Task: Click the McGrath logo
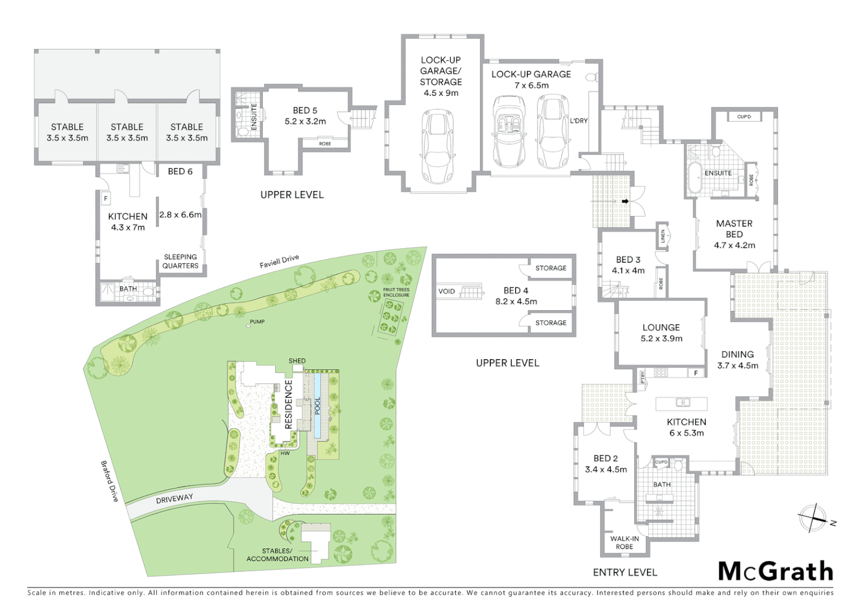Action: click(x=776, y=571)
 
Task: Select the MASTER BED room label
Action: click(x=734, y=228)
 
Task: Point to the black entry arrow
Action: click(x=625, y=201)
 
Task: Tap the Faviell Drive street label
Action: click(x=279, y=261)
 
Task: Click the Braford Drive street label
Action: click(x=109, y=481)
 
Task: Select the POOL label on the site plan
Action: click(x=318, y=405)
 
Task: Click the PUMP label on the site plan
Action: click(x=257, y=321)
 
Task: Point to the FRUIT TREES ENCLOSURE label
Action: click(x=396, y=292)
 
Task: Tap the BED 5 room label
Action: click(x=305, y=111)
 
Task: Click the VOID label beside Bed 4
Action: click(x=446, y=291)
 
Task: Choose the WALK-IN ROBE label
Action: click(x=624, y=542)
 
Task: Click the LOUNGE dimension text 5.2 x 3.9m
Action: click(x=661, y=338)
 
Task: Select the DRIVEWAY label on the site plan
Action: click(x=174, y=498)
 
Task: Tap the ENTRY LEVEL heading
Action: click(x=625, y=572)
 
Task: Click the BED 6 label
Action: click(x=180, y=171)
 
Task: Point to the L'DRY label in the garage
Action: click(x=579, y=121)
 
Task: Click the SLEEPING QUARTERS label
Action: click(x=181, y=261)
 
